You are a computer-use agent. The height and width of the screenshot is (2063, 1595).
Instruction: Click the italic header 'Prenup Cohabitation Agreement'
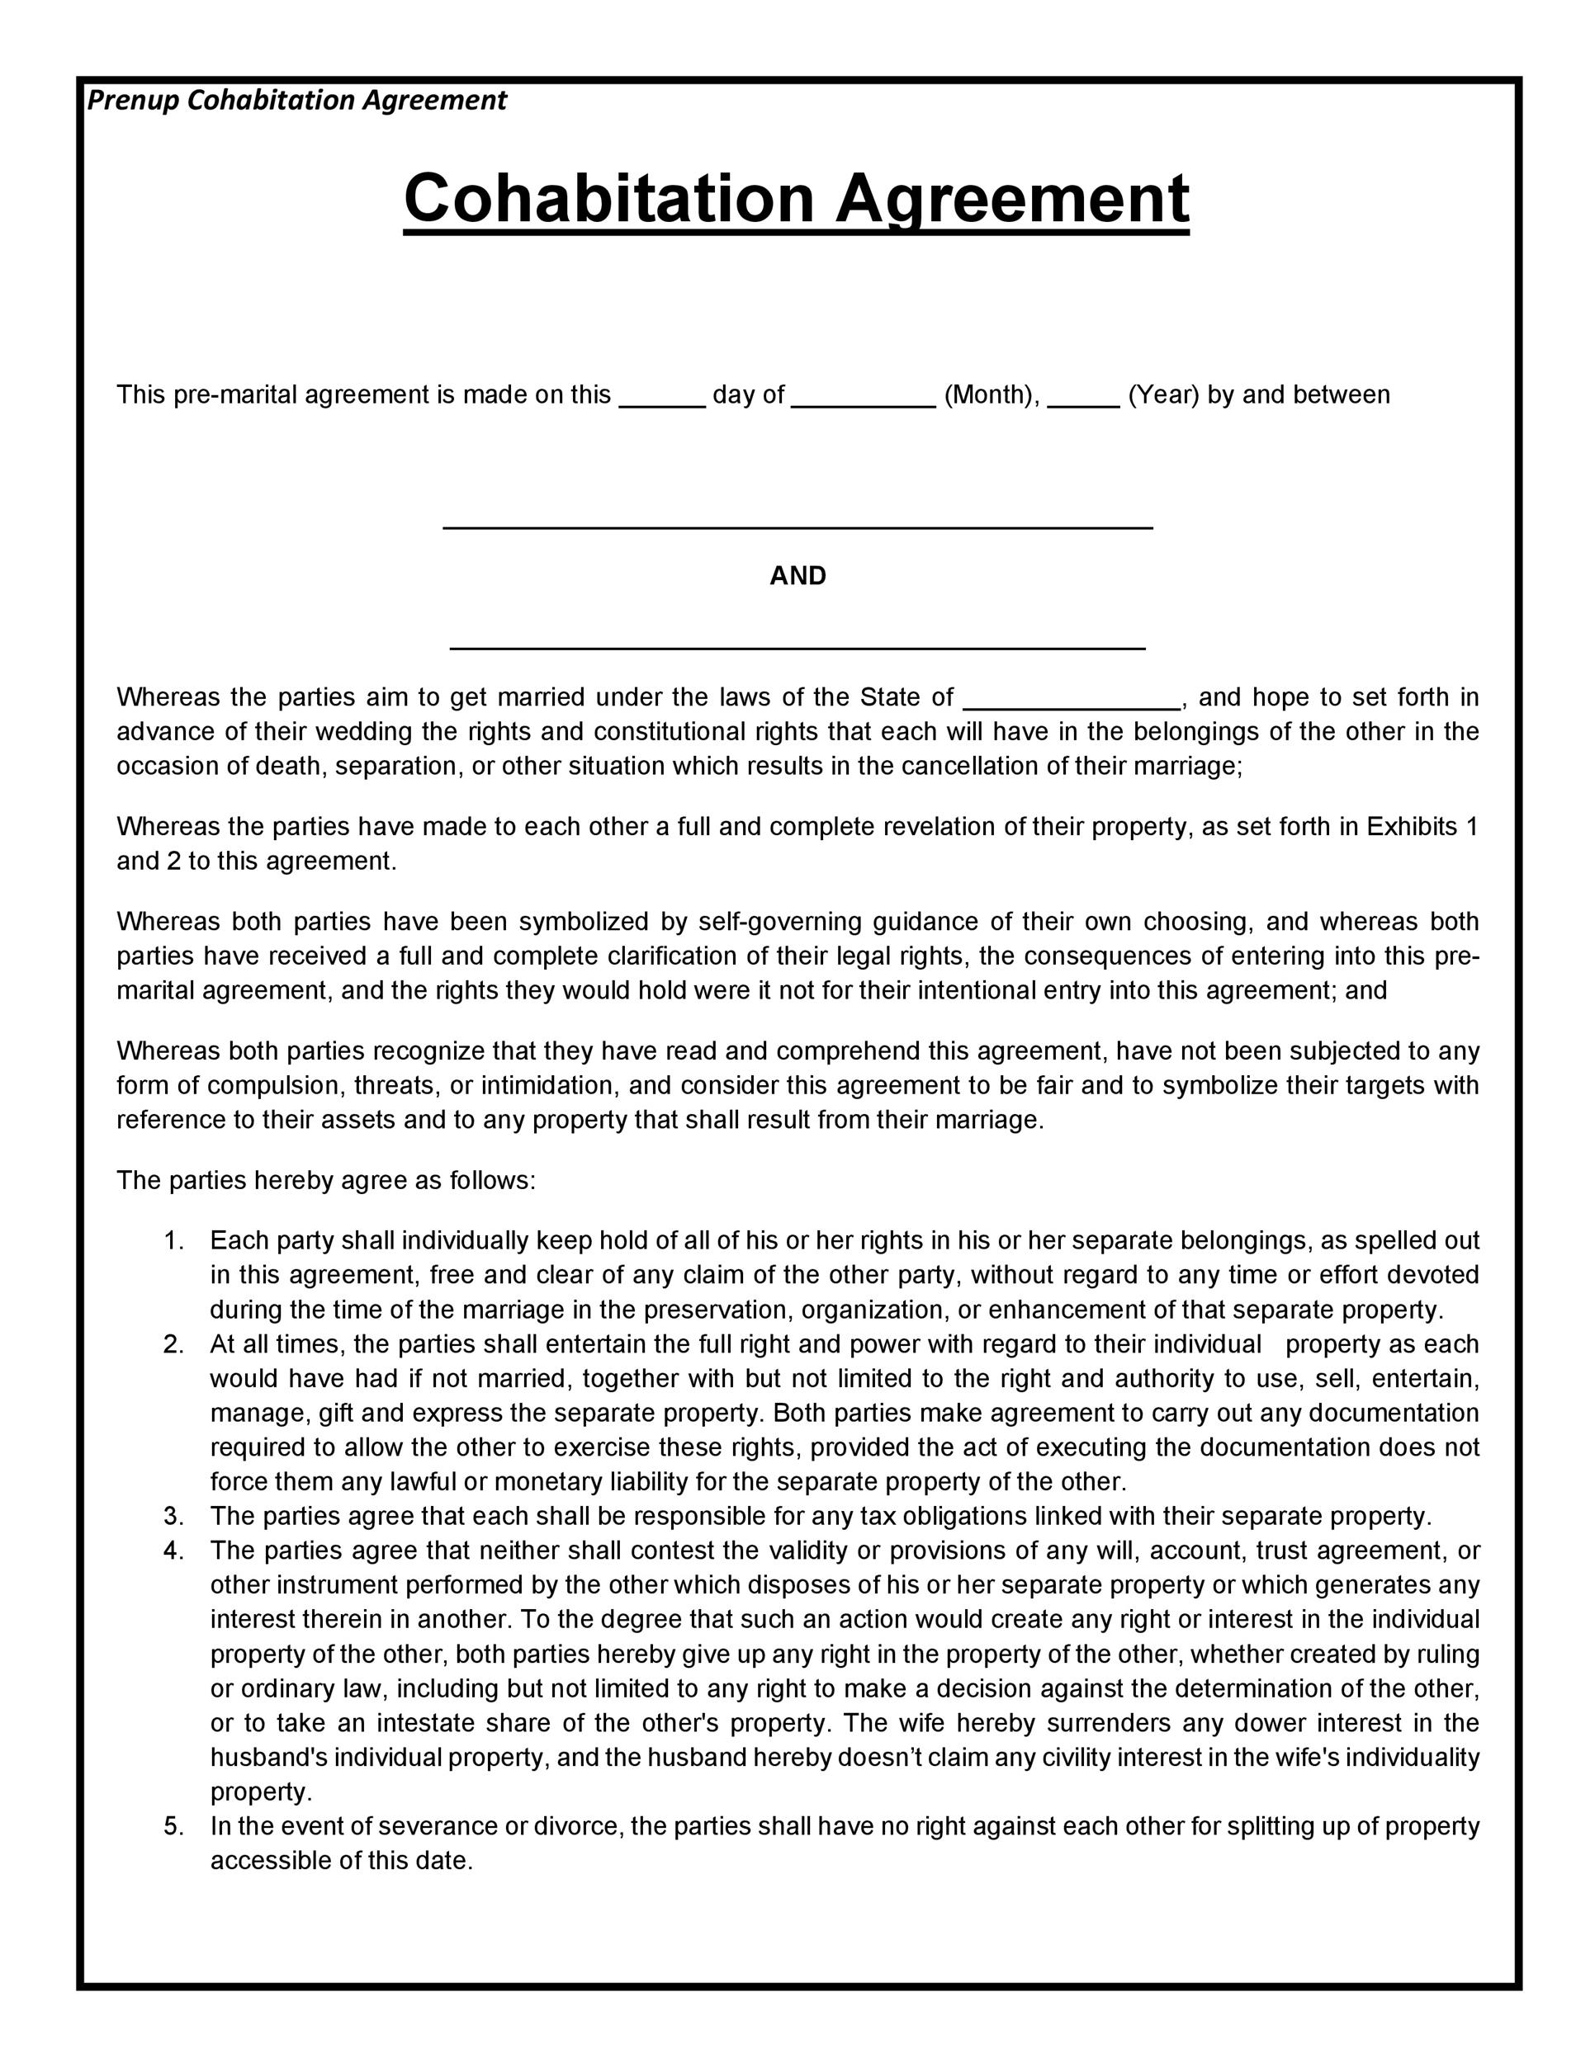[296, 100]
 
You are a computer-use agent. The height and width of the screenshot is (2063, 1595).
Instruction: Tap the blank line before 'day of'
[662, 404]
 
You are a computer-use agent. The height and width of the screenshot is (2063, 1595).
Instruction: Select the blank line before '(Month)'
[863, 404]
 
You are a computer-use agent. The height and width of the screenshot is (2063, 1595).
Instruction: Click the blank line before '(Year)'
[1084, 404]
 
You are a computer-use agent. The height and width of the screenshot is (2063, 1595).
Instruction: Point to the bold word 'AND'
[797, 576]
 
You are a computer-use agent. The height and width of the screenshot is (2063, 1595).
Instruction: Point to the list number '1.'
[174, 1240]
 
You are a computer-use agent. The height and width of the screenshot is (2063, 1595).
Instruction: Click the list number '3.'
[174, 1516]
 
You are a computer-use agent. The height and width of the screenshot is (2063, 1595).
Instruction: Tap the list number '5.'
[174, 1826]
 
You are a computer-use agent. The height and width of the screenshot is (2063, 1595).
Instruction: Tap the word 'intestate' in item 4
[427, 1723]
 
